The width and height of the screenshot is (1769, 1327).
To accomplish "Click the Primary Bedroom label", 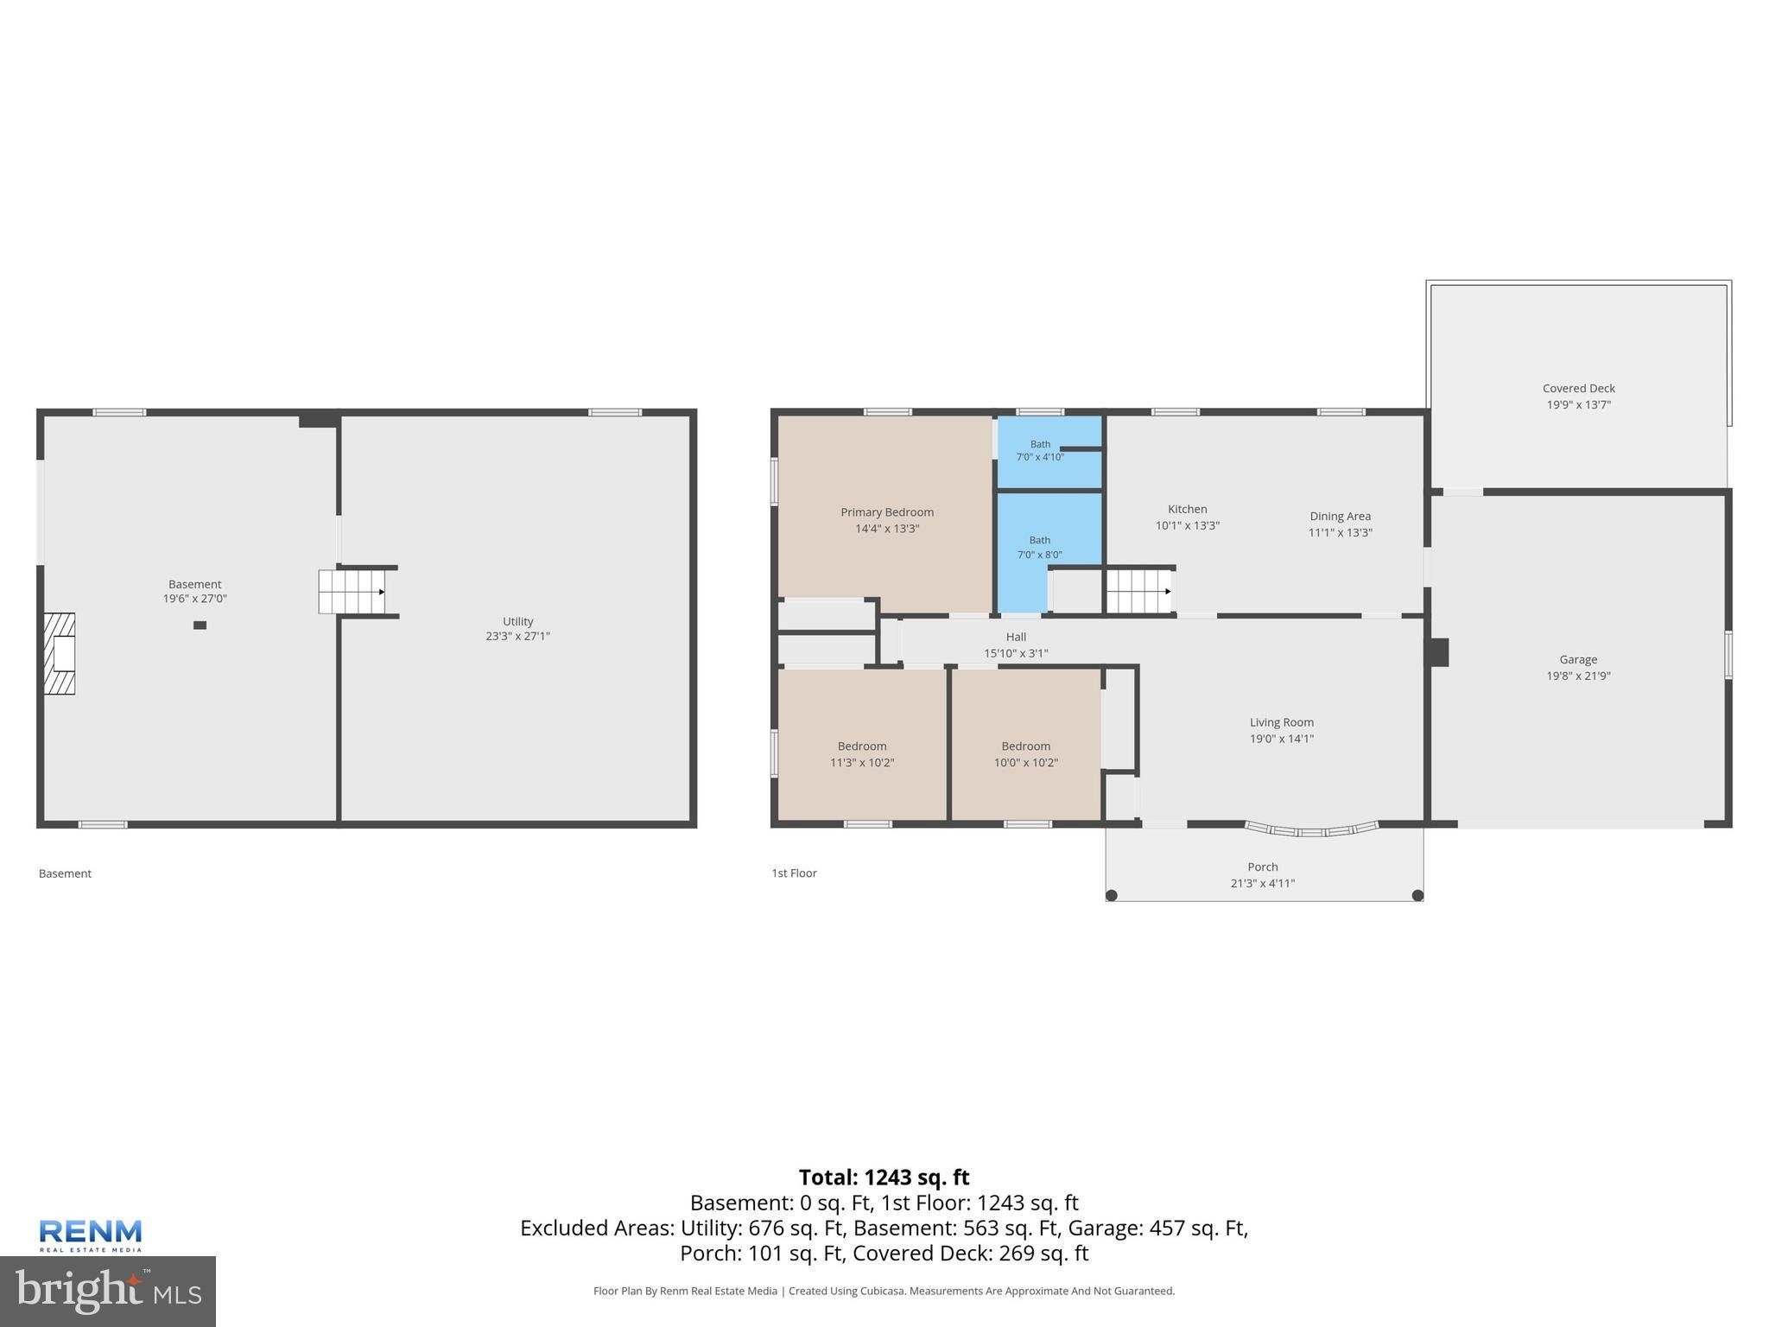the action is point(887,512).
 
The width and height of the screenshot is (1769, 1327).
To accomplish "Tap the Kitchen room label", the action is point(1188,510).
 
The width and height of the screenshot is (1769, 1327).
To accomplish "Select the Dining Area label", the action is point(1340,517).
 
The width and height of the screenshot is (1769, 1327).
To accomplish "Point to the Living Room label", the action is point(1281,722).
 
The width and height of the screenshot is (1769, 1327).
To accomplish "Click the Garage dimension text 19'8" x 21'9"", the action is point(1578,676).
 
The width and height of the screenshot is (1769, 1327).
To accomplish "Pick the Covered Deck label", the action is point(1579,389).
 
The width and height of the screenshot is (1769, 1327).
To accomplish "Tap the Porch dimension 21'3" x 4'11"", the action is point(1263,883).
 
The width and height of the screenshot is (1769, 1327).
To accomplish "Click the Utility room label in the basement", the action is point(518,621).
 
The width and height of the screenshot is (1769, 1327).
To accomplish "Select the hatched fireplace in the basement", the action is point(60,654).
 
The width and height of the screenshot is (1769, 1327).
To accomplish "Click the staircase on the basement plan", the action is point(352,592).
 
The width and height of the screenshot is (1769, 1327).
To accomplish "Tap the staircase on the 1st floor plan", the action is point(1139,592).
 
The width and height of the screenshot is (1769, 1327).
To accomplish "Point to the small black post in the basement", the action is point(200,625).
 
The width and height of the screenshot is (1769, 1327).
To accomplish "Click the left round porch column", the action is point(1112,895).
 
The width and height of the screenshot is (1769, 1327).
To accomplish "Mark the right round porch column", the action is point(1417,895).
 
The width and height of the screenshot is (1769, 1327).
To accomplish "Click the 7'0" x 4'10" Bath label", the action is point(1040,451).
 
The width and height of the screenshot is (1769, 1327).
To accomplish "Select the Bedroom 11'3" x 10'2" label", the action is point(862,754).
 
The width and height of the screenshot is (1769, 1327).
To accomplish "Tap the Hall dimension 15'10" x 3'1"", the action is point(1016,654).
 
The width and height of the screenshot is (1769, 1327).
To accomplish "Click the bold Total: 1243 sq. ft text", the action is point(884,1178).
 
